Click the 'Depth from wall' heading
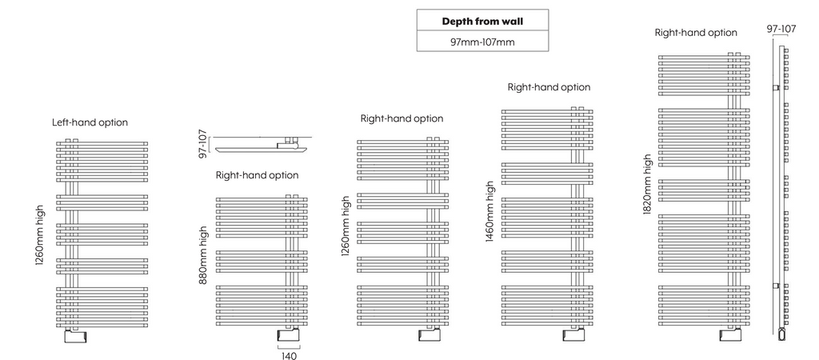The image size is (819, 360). (482, 20)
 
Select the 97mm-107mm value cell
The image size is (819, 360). (482, 41)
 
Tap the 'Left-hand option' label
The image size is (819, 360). (90, 122)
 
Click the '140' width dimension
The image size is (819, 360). (289, 355)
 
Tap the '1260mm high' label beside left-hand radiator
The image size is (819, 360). (40, 239)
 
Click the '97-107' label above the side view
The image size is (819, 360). (781, 29)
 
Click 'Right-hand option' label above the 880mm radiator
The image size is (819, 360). (257, 174)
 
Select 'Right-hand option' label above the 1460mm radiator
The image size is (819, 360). (549, 86)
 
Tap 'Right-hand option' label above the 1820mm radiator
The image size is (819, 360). (696, 33)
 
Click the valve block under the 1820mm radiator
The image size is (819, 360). (730, 335)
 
